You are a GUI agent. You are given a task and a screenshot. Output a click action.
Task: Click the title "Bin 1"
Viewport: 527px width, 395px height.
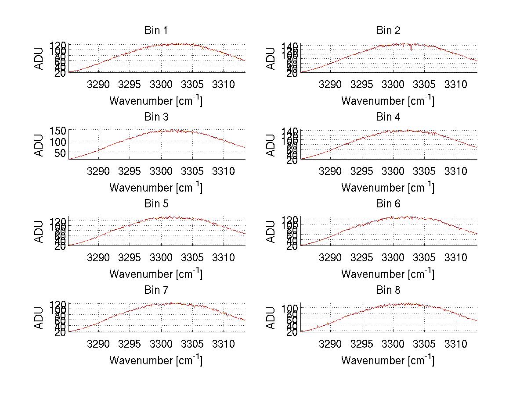[x=156, y=31]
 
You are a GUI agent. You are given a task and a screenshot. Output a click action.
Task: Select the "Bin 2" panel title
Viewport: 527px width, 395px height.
[x=388, y=31]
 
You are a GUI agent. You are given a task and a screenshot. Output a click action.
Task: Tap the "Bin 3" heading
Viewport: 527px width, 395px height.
[x=156, y=117]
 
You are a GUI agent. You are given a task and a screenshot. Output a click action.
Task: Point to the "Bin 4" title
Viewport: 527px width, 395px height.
[x=388, y=117]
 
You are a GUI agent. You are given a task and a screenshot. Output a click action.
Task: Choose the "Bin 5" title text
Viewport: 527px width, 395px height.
[x=156, y=204]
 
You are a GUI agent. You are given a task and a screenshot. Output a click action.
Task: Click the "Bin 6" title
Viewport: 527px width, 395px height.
[x=388, y=204]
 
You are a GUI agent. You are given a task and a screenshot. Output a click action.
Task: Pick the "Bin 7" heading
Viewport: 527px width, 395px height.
[x=156, y=290]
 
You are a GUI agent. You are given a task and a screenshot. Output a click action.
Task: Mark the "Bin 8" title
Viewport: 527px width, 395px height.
[x=388, y=290]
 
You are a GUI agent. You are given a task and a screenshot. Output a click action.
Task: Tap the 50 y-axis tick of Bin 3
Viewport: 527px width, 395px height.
[x=61, y=153]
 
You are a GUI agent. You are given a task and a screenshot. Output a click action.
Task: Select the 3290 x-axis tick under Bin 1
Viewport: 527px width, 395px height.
[x=98, y=84]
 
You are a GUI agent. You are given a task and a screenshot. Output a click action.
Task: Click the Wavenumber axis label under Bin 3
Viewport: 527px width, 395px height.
[x=156, y=187]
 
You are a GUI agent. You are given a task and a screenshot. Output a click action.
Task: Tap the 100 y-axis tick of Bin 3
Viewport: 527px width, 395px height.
[x=58, y=142]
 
